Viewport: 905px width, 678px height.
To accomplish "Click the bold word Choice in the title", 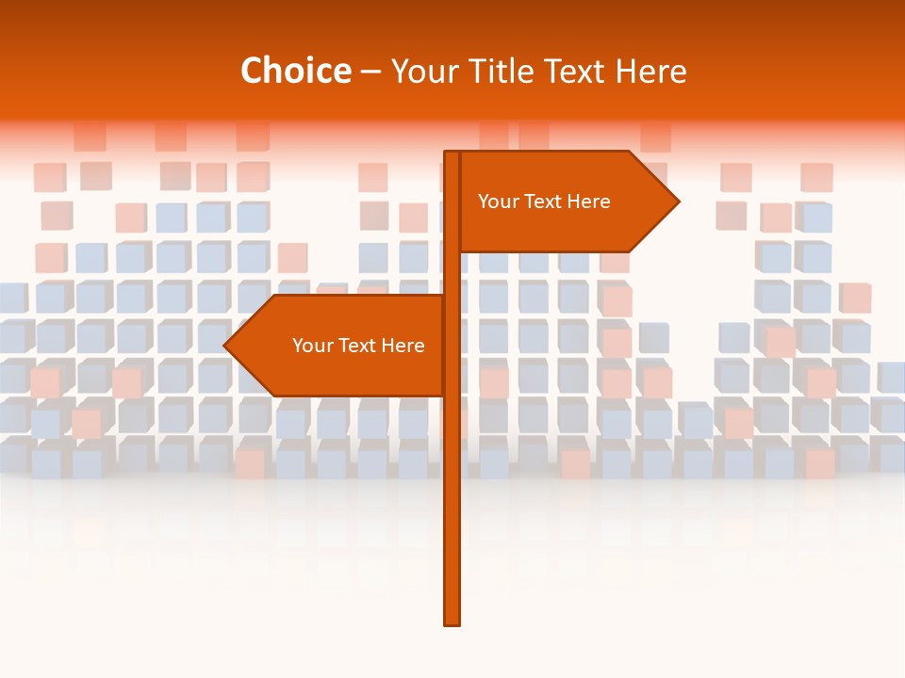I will coord(295,72).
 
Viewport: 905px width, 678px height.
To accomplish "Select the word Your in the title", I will coord(422,72).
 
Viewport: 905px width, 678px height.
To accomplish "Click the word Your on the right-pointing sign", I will coord(497,202).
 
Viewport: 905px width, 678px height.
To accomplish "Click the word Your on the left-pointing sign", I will coord(311,346).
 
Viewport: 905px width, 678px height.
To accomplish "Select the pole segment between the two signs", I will coord(452,274).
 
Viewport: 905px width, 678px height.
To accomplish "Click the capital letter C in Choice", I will coord(252,72).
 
